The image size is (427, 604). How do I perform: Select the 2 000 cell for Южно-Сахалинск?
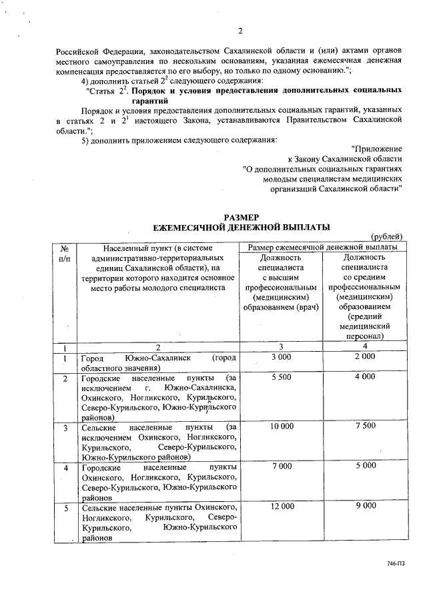click(365, 358)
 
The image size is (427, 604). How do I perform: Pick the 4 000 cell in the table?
click(365, 378)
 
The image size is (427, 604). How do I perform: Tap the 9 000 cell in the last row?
click(365, 507)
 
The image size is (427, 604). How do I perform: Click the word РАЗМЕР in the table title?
click(240, 218)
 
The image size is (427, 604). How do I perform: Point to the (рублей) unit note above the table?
click(387, 237)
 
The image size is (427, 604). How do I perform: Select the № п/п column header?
click(65, 252)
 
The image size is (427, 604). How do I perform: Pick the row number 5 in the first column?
click(65, 508)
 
